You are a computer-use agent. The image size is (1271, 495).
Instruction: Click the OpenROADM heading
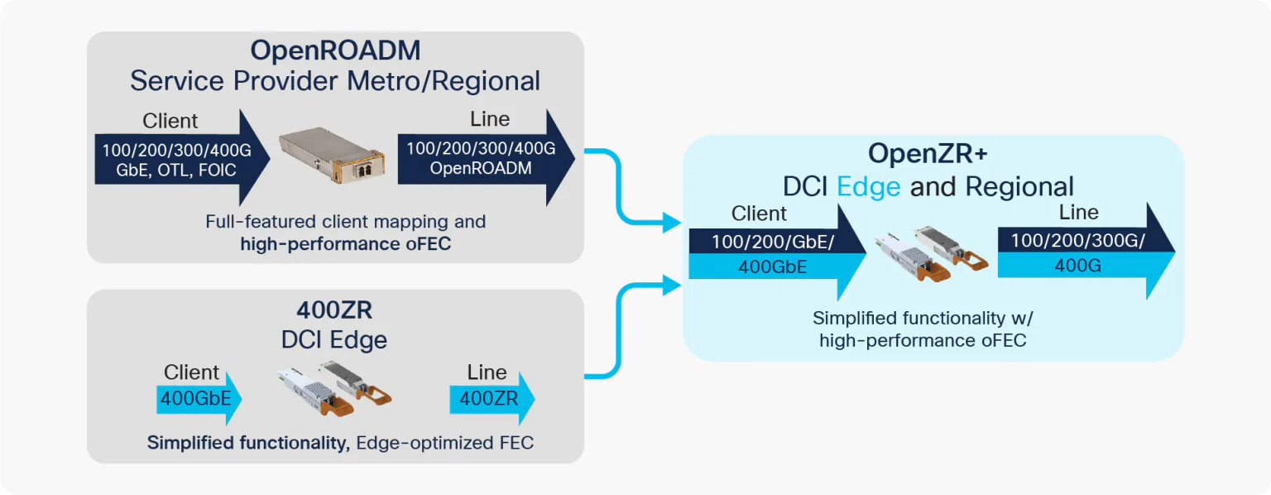pos(335,50)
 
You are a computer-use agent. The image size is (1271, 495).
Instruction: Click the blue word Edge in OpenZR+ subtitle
pos(869,186)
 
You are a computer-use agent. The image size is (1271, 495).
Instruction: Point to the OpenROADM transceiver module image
pos(331,157)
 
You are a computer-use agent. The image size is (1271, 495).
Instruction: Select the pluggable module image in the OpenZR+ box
pos(933,251)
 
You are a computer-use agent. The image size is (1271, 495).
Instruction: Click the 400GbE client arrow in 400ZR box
pos(197,398)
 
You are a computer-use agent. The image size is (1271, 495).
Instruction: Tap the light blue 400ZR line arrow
pos(490,398)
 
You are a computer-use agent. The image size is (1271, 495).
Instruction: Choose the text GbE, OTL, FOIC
pos(176,171)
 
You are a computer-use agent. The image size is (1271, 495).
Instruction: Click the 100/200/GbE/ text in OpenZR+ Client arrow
pos(762,242)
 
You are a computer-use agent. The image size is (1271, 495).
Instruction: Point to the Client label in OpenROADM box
pos(170,121)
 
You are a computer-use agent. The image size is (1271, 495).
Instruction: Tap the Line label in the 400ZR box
pos(487,372)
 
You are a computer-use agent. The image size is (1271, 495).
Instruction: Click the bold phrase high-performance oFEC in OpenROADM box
pos(345,243)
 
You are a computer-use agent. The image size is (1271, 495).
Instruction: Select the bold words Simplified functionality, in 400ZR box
pos(247,443)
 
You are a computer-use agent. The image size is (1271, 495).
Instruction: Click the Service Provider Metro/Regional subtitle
pos(335,81)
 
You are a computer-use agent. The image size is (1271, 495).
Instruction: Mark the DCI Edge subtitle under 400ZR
pos(334,339)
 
